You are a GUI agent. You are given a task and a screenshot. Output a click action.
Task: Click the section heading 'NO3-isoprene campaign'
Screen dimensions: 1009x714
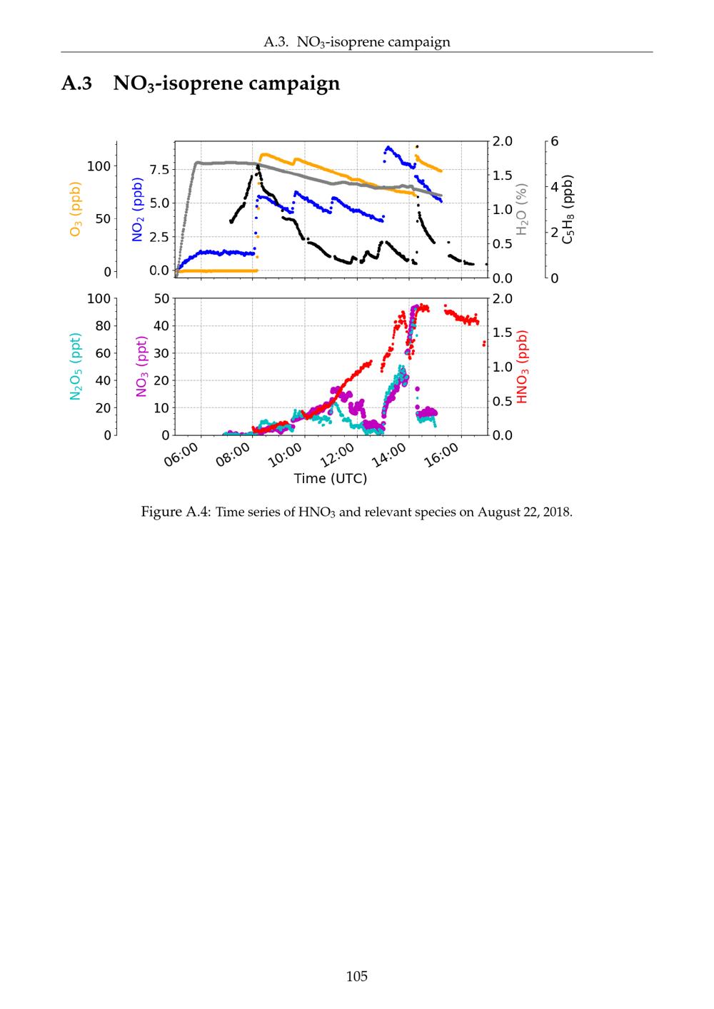point(226,84)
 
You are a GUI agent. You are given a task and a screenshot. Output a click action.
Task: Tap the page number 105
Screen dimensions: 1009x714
point(357,976)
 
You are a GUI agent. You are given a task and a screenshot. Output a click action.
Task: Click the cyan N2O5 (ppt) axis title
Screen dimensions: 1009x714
point(76,366)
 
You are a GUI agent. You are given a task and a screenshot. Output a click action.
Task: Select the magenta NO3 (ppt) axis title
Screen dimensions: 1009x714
point(141,366)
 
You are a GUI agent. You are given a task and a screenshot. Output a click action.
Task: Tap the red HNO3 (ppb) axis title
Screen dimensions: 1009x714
point(523,366)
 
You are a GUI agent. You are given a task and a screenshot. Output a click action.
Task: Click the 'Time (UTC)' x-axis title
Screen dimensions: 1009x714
point(331,478)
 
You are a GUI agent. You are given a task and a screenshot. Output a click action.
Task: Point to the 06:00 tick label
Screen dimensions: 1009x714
point(181,455)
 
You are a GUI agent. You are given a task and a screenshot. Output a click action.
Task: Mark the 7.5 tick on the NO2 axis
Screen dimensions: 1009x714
point(159,170)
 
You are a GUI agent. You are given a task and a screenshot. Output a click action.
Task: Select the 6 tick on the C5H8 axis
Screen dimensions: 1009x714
point(554,141)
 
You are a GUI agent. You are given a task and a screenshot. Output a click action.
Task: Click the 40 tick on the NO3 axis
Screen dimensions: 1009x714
point(161,326)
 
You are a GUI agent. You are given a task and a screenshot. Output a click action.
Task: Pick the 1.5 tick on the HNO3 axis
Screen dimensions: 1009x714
point(503,333)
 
